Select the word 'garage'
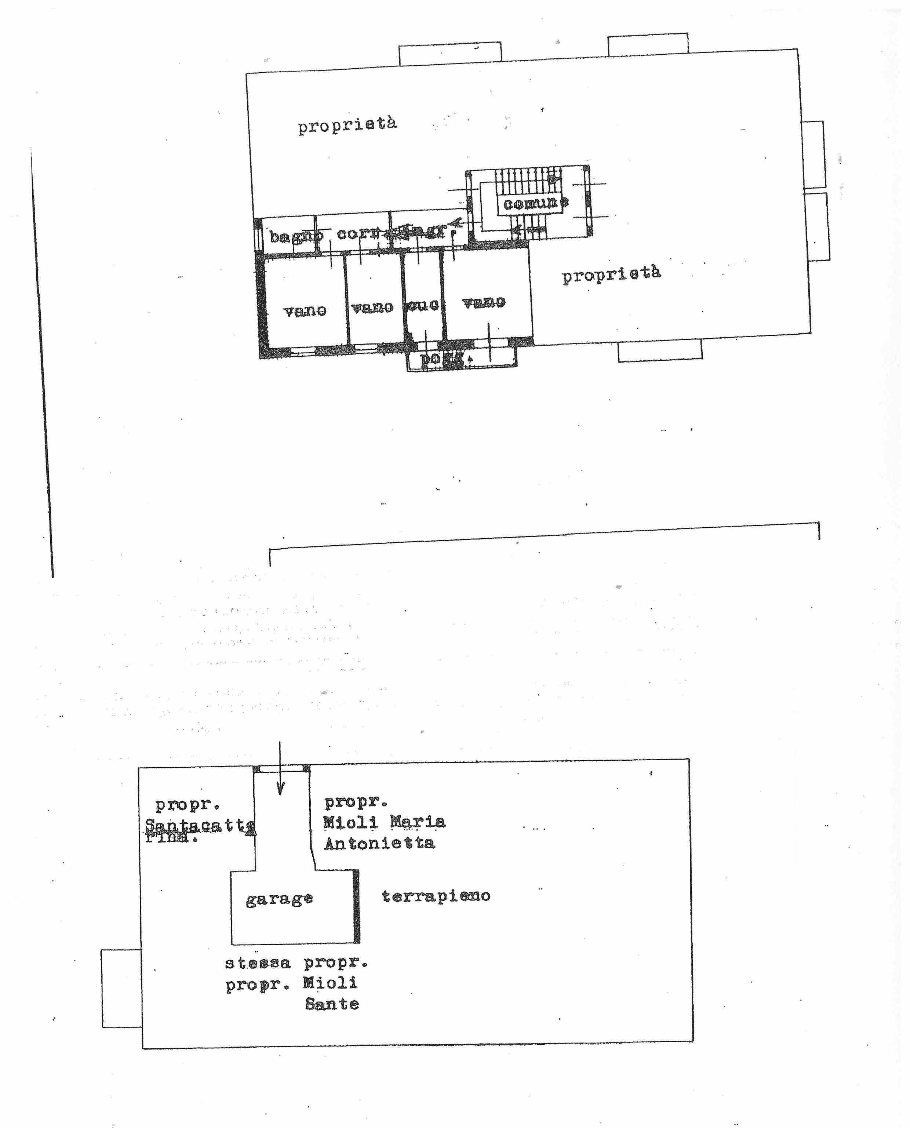[279, 899]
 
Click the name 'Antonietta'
[379, 843]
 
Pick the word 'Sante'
[332, 1004]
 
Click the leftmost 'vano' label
[305, 311]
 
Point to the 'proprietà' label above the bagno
[347, 125]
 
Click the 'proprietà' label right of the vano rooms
[611, 274]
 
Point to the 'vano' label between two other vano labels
[372, 307]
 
